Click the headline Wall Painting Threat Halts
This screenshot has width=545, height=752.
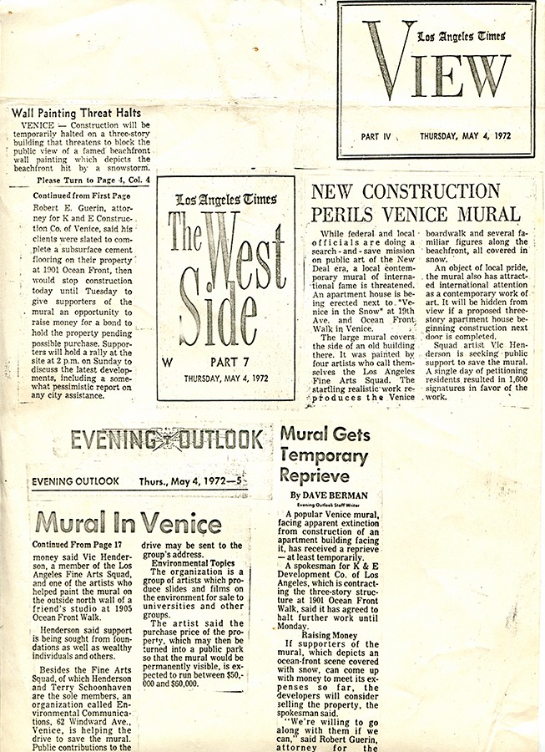(76, 113)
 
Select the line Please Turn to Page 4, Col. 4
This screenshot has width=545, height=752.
(93, 180)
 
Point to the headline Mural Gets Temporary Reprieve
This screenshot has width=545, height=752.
(324, 456)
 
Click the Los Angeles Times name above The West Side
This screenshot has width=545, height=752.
(225, 199)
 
